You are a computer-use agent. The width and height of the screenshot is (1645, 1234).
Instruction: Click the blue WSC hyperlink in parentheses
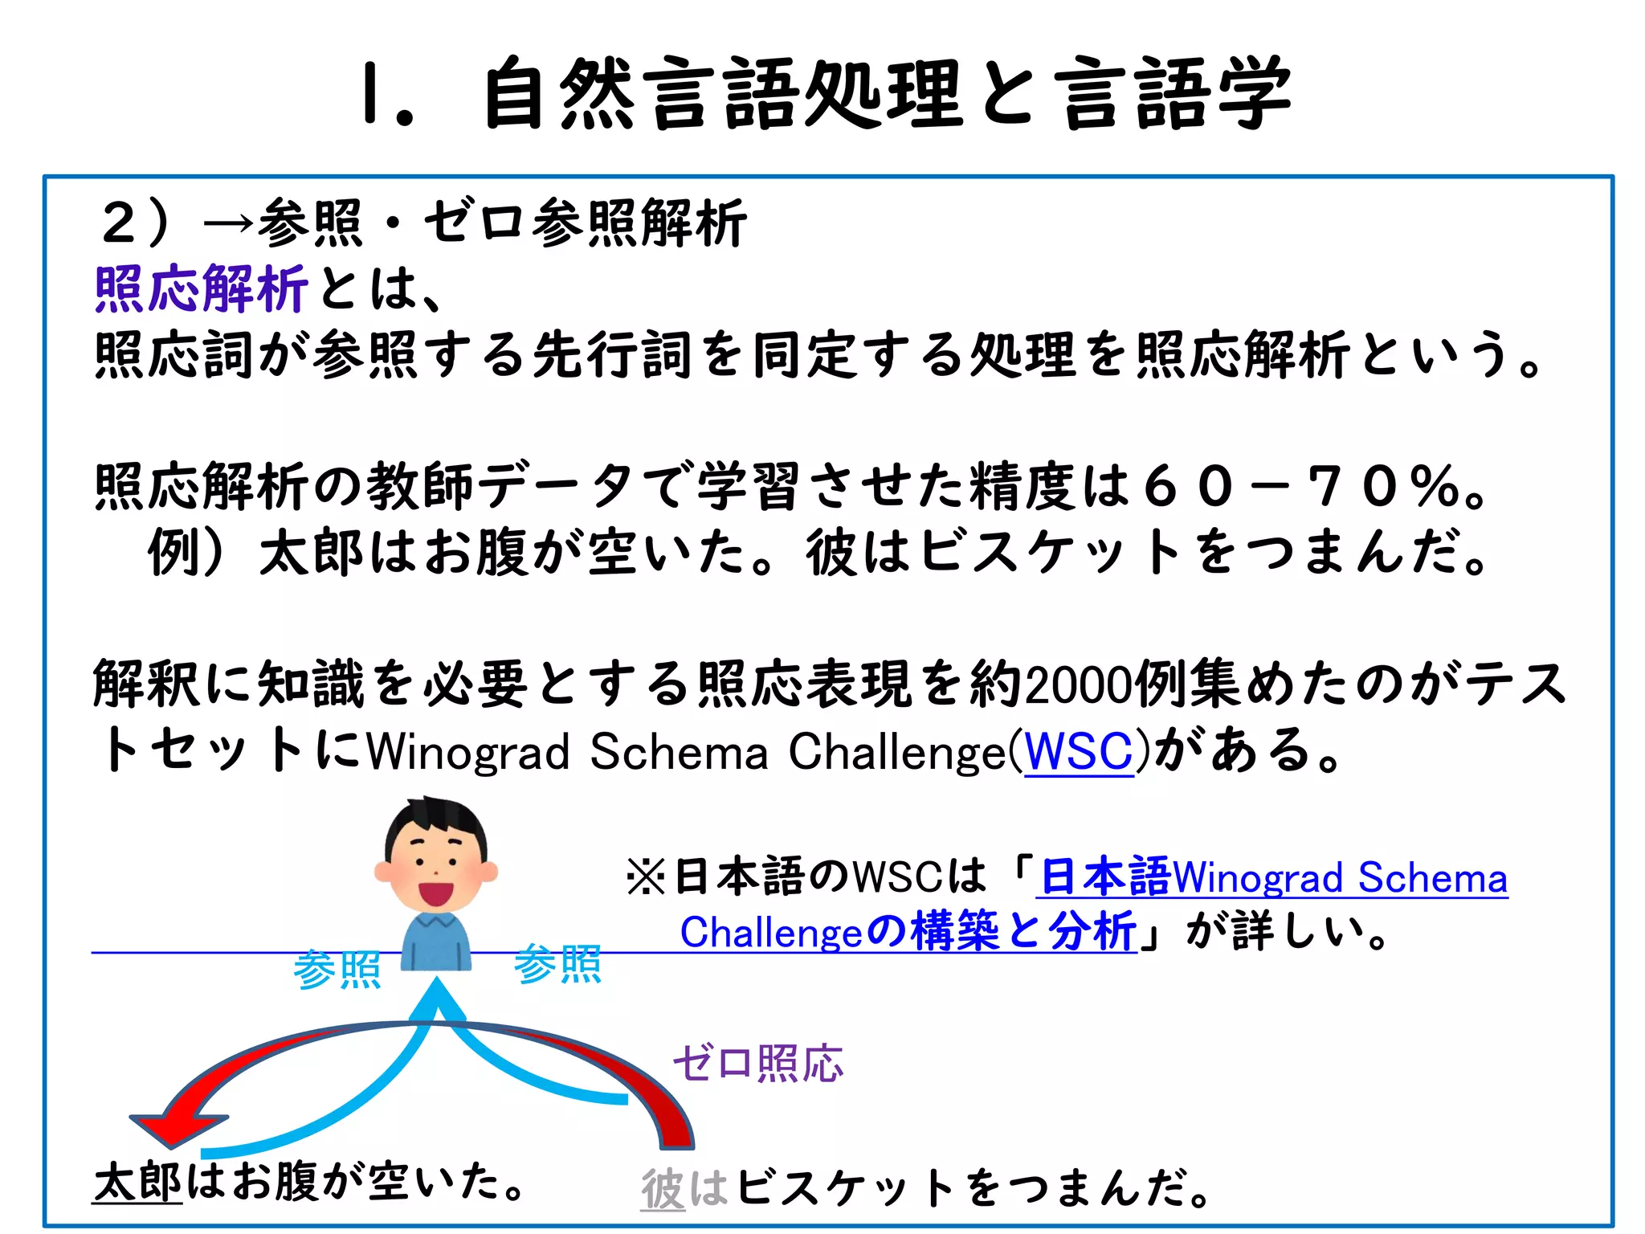pos(1078,751)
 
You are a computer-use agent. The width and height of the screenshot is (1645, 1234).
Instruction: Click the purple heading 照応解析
pos(201,289)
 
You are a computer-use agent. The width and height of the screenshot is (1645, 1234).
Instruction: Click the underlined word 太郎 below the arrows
pos(138,1183)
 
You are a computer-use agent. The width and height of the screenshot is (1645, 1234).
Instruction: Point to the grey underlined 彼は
pos(684,1188)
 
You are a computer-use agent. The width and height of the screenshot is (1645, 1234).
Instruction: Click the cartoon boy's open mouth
pos(435,893)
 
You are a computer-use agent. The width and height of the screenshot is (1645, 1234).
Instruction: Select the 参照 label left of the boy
pos(337,969)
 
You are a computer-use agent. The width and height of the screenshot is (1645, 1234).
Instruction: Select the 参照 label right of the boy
pos(557,964)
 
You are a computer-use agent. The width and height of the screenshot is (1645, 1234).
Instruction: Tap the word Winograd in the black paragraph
pos(468,753)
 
